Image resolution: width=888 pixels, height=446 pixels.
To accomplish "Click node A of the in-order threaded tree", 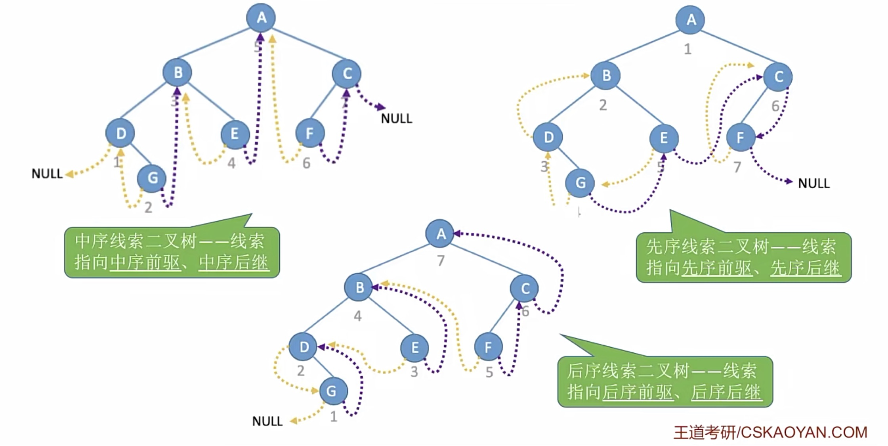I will pyautogui.click(x=261, y=17).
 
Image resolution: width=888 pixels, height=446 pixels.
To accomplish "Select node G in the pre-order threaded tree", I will pyautogui.click(x=580, y=183).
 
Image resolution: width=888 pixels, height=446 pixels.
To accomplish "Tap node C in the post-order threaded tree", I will pyautogui.click(x=525, y=288).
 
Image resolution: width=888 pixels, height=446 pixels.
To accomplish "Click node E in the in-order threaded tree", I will pyautogui.click(x=235, y=134).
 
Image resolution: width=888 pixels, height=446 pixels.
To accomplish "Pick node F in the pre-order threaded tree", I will pyautogui.click(x=740, y=138).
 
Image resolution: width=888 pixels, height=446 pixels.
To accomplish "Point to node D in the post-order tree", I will pyautogui.click(x=304, y=347).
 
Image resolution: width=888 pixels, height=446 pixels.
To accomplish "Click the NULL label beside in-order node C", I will pyautogui.click(x=397, y=118).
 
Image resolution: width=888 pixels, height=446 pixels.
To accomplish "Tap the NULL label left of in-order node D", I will pyautogui.click(x=47, y=174).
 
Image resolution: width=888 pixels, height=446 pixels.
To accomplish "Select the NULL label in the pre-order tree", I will pyautogui.click(x=814, y=183).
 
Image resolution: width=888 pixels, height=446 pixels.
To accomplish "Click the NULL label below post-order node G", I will pyautogui.click(x=267, y=421).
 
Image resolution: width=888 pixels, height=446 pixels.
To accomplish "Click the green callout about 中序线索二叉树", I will pyautogui.click(x=172, y=252).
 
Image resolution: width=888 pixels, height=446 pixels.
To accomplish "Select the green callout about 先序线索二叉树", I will pyautogui.click(x=743, y=258).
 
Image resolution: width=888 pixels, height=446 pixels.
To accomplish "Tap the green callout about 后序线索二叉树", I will pyautogui.click(x=665, y=381).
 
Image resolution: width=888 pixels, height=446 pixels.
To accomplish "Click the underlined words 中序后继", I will pyautogui.click(x=234, y=262).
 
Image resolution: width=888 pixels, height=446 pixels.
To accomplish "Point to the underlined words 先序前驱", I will pyautogui.click(x=716, y=268).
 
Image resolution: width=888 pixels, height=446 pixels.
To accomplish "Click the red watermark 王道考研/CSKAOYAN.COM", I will pyautogui.click(x=770, y=432).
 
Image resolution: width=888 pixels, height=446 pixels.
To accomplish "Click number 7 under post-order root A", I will pyautogui.click(x=441, y=261).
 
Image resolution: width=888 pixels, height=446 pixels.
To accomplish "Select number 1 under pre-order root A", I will pyautogui.click(x=688, y=49).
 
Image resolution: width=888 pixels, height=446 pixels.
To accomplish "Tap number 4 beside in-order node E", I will pyautogui.click(x=231, y=163).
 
